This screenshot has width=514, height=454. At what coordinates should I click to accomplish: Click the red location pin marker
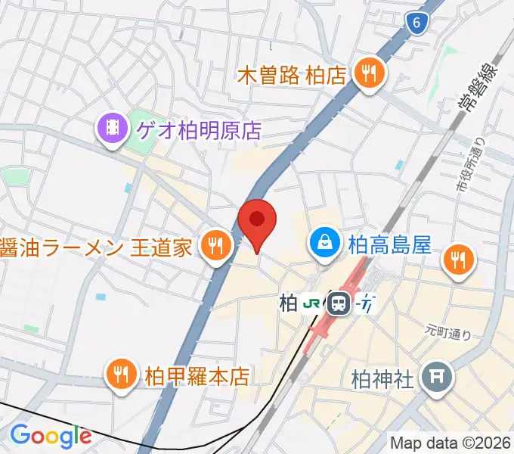257,221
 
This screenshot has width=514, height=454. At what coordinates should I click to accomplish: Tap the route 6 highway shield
416,23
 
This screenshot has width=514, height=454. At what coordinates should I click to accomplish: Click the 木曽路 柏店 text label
291,75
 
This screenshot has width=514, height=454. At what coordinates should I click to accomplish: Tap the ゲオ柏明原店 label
199,130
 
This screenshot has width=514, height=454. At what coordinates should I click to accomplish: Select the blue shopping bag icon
324,243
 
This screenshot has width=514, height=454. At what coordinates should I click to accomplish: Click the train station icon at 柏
339,304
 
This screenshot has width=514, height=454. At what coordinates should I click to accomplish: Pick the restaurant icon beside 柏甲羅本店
120,374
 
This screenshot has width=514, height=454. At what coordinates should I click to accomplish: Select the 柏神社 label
382,377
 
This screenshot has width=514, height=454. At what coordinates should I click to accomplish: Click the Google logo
50,436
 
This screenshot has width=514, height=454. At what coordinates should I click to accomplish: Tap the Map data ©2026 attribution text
451,443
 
